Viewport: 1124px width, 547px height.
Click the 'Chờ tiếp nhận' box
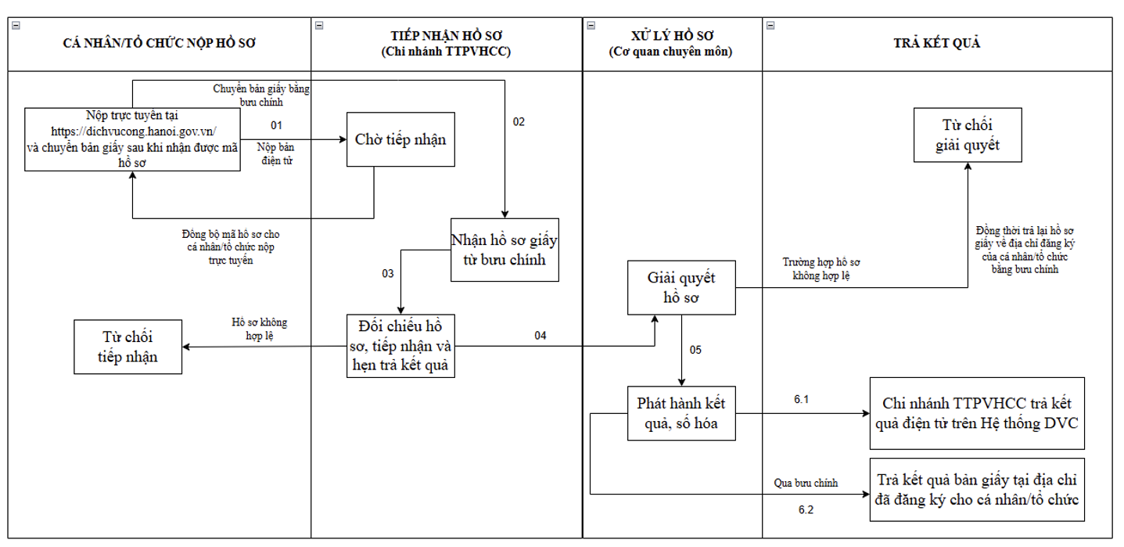point(400,140)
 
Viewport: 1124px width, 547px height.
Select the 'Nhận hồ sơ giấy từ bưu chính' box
point(505,250)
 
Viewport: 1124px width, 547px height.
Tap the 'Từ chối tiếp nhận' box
point(127,347)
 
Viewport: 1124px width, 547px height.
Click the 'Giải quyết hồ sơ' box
point(681,288)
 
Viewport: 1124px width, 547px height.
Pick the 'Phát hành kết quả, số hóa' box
point(681,413)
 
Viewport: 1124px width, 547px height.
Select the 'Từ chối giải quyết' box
point(968,135)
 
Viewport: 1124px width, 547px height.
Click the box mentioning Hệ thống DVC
point(977,413)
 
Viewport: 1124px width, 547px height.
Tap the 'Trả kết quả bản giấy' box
point(977,490)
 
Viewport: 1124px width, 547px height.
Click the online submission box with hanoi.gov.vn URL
point(132,140)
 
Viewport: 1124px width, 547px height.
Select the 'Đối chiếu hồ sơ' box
point(400,345)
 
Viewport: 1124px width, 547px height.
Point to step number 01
point(276,125)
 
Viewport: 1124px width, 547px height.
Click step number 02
point(519,122)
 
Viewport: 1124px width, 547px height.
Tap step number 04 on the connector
point(540,336)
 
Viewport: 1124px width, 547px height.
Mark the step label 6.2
point(806,509)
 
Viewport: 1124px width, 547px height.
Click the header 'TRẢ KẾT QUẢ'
point(936,44)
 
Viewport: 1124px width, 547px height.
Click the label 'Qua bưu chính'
point(806,484)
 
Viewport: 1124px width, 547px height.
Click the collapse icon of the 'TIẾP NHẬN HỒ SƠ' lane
point(318,26)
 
